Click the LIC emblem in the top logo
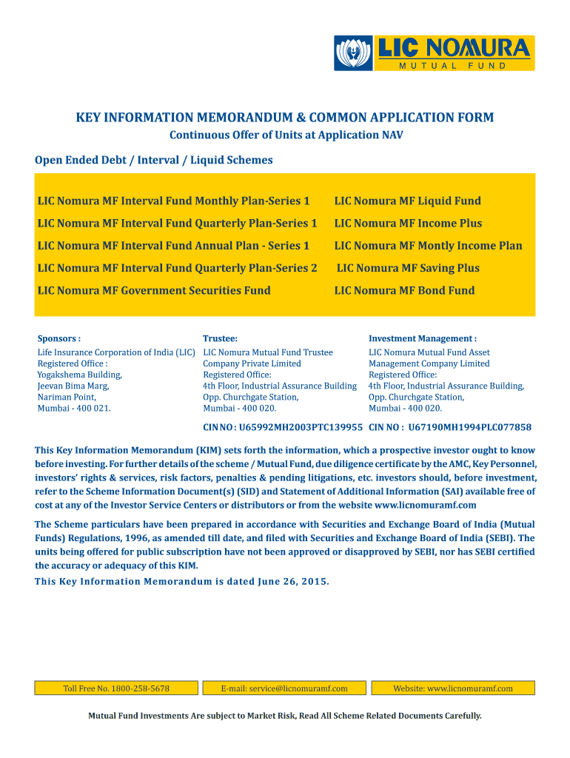tap(354, 53)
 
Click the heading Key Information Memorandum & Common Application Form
tap(285, 118)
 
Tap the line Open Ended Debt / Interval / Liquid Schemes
tap(154, 160)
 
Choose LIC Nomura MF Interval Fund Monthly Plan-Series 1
tap(173, 201)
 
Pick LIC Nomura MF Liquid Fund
tap(407, 201)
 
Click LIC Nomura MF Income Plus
tap(408, 223)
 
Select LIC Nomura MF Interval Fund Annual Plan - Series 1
tap(173, 246)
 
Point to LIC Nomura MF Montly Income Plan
tap(428, 246)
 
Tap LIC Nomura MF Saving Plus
tap(408, 268)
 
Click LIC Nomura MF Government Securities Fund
tap(154, 290)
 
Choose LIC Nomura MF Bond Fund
tap(404, 290)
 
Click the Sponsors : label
tap(59, 338)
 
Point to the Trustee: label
tap(220, 338)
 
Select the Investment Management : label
tap(423, 338)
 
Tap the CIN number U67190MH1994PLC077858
tap(469, 427)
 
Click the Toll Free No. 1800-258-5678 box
tap(116, 688)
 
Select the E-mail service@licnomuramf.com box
tap(284, 688)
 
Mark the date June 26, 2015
tap(293, 581)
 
